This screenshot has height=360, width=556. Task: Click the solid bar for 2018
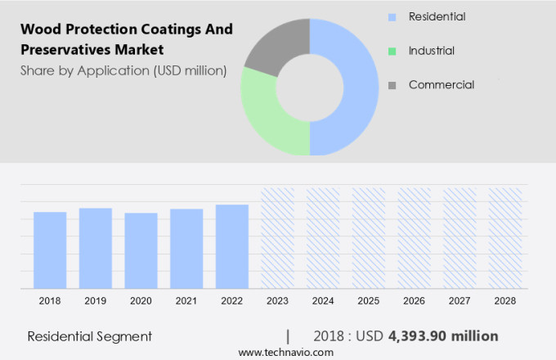coord(50,250)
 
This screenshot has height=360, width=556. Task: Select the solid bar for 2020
coord(141,250)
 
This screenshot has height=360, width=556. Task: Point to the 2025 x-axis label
coord(368,301)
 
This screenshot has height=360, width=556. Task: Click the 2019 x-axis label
coord(95,301)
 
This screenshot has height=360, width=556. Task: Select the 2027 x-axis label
coord(459,301)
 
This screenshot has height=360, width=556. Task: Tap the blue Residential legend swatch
coord(392,16)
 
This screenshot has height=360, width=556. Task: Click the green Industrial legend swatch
coord(392,51)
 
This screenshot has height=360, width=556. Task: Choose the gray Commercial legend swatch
coord(392,85)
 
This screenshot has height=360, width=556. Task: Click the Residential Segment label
coord(89,336)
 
